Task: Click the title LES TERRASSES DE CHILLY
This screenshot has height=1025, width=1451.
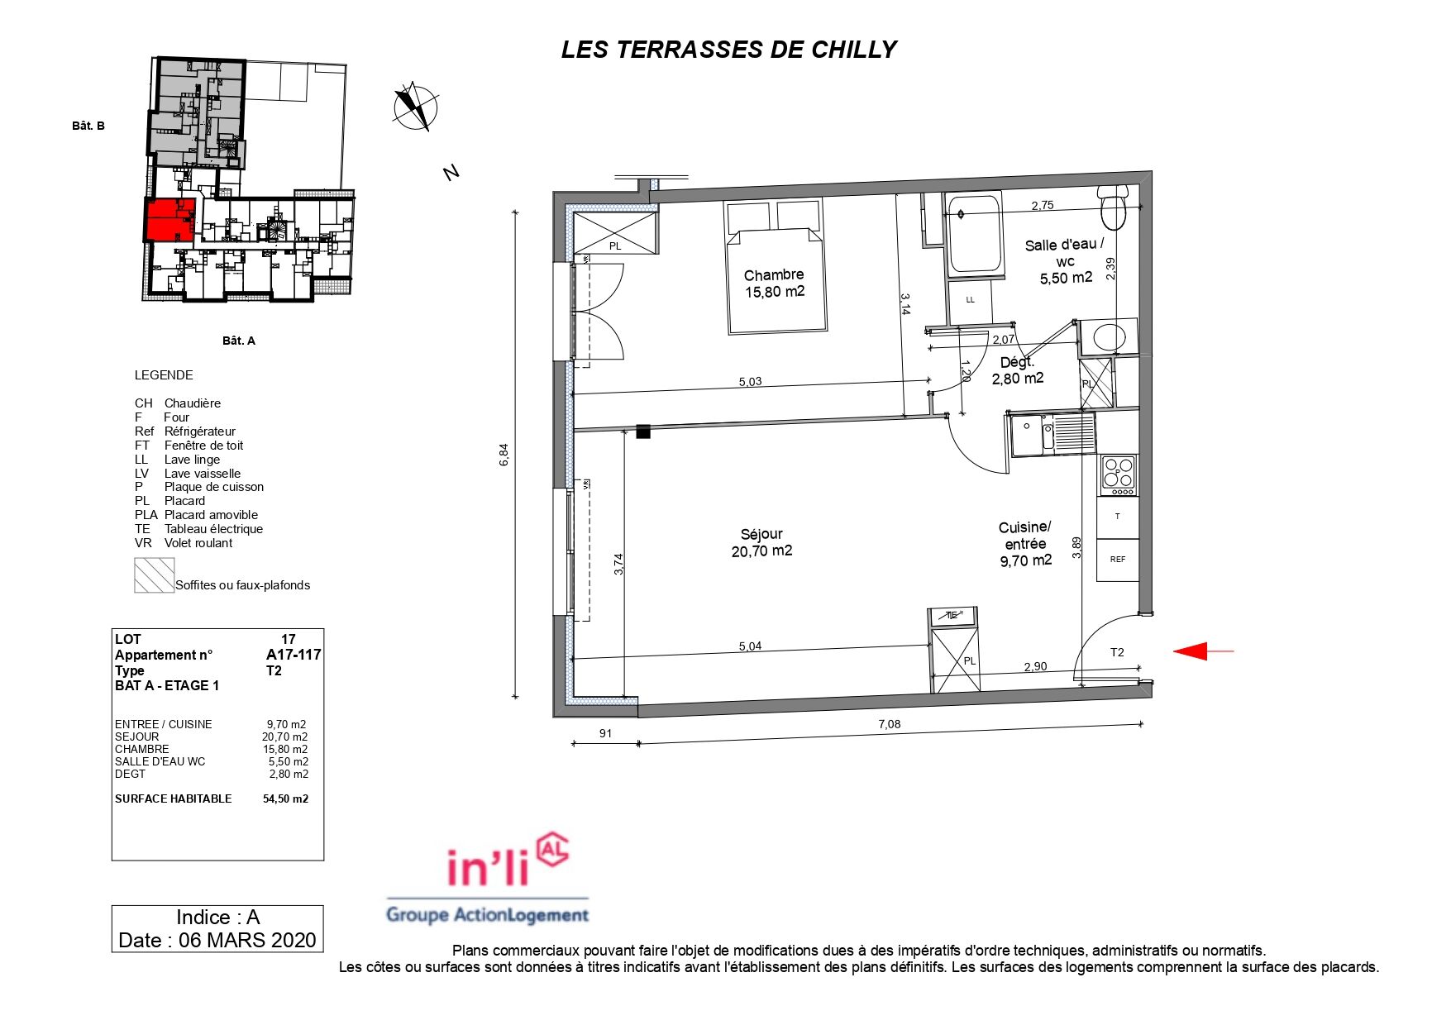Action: tap(728, 50)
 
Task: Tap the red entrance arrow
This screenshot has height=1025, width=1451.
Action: tap(1204, 651)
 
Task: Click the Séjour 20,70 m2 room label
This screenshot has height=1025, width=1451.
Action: tap(761, 542)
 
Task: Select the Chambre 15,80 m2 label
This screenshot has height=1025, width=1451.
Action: tap(774, 283)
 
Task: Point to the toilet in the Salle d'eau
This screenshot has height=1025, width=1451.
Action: tap(1114, 207)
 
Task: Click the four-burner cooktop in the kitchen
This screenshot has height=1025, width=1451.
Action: tap(1118, 475)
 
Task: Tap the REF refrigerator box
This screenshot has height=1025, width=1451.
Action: tap(1117, 560)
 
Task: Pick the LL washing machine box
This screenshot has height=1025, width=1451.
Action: tap(971, 300)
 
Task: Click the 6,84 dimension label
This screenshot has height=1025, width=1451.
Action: tap(504, 455)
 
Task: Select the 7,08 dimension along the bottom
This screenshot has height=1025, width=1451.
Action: tap(889, 724)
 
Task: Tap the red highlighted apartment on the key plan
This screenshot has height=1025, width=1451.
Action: tap(169, 220)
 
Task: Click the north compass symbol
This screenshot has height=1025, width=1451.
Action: tap(416, 107)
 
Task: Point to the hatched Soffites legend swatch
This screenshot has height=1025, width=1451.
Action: tap(154, 575)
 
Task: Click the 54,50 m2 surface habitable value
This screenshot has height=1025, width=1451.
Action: tap(286, 799)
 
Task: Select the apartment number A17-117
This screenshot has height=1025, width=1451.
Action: tap(294, 655)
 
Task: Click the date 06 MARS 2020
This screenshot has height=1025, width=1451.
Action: tap(247, 940)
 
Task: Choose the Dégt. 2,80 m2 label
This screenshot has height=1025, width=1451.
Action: tap(1018, 370)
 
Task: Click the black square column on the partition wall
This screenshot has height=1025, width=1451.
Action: tap(643, 431)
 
